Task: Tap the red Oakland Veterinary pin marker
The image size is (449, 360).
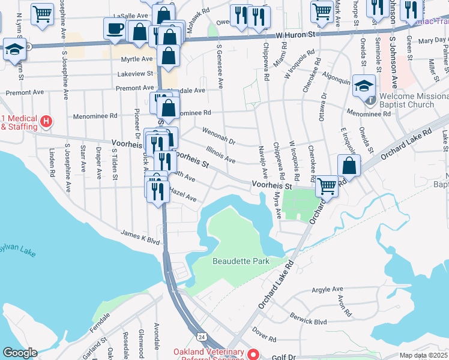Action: click(x=254, y=354)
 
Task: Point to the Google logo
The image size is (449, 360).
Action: click(x=20, y=353)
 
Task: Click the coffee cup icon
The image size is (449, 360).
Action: click(x=115, y=28)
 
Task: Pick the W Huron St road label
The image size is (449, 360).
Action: click(x=297, y=35)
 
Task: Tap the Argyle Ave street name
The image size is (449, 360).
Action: click(x=327, y=289)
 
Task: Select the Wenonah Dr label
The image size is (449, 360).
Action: click(x=218, y=133)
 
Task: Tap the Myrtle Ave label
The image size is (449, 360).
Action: click(x=137, y=59)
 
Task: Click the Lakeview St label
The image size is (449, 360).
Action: click(x=136, y=73)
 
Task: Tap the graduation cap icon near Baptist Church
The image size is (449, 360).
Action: click(x=364, y=85)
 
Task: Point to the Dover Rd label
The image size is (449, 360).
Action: click(x=264, y=330)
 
